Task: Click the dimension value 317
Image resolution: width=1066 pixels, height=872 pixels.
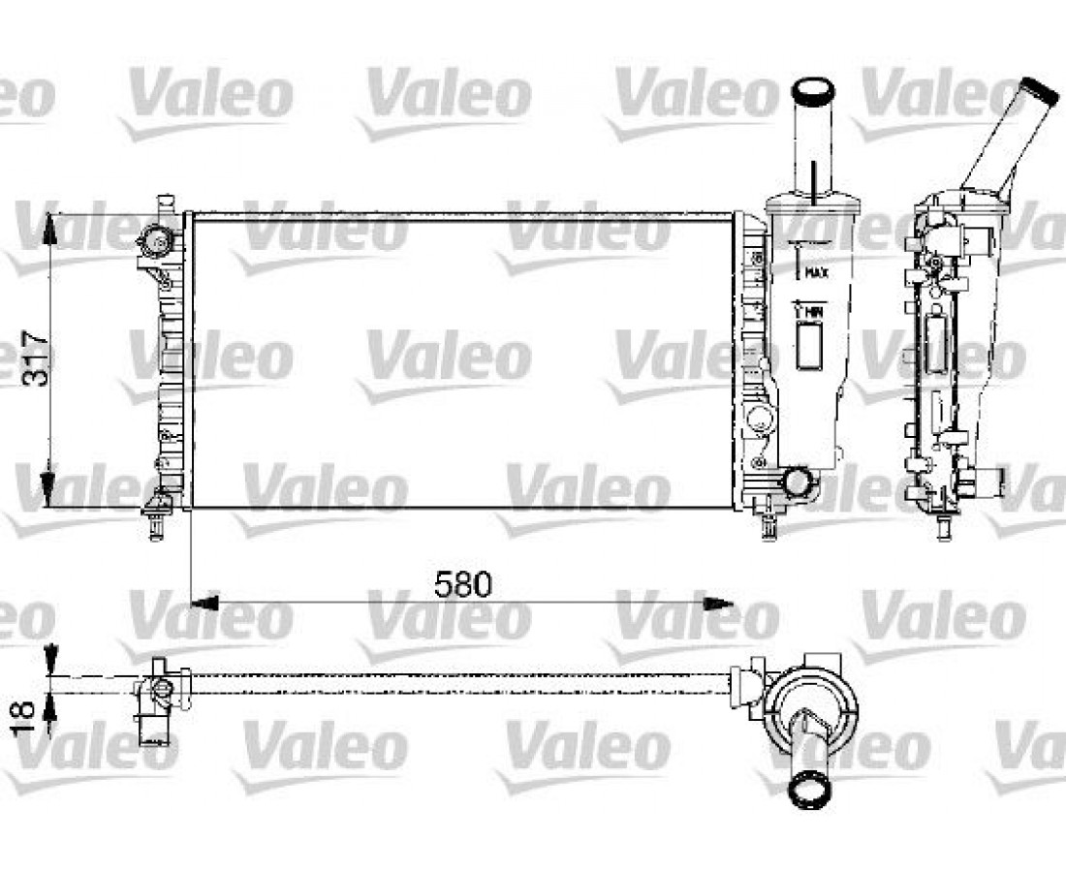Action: pyautogui.click(x=35, y=358)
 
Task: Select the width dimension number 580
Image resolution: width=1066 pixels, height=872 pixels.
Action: pyautogui.click(x=462, y=584)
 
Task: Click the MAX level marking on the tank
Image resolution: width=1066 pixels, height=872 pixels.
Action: pyautogui.click(x=816, y=273)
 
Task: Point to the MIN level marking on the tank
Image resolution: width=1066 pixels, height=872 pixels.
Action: pyautogui.click(x=814, y=312)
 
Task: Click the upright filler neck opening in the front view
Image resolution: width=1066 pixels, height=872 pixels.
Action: pyautogui.click(x=814, y=90)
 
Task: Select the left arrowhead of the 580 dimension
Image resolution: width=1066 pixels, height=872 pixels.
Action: pyautogui.click(x=204, y=603)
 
